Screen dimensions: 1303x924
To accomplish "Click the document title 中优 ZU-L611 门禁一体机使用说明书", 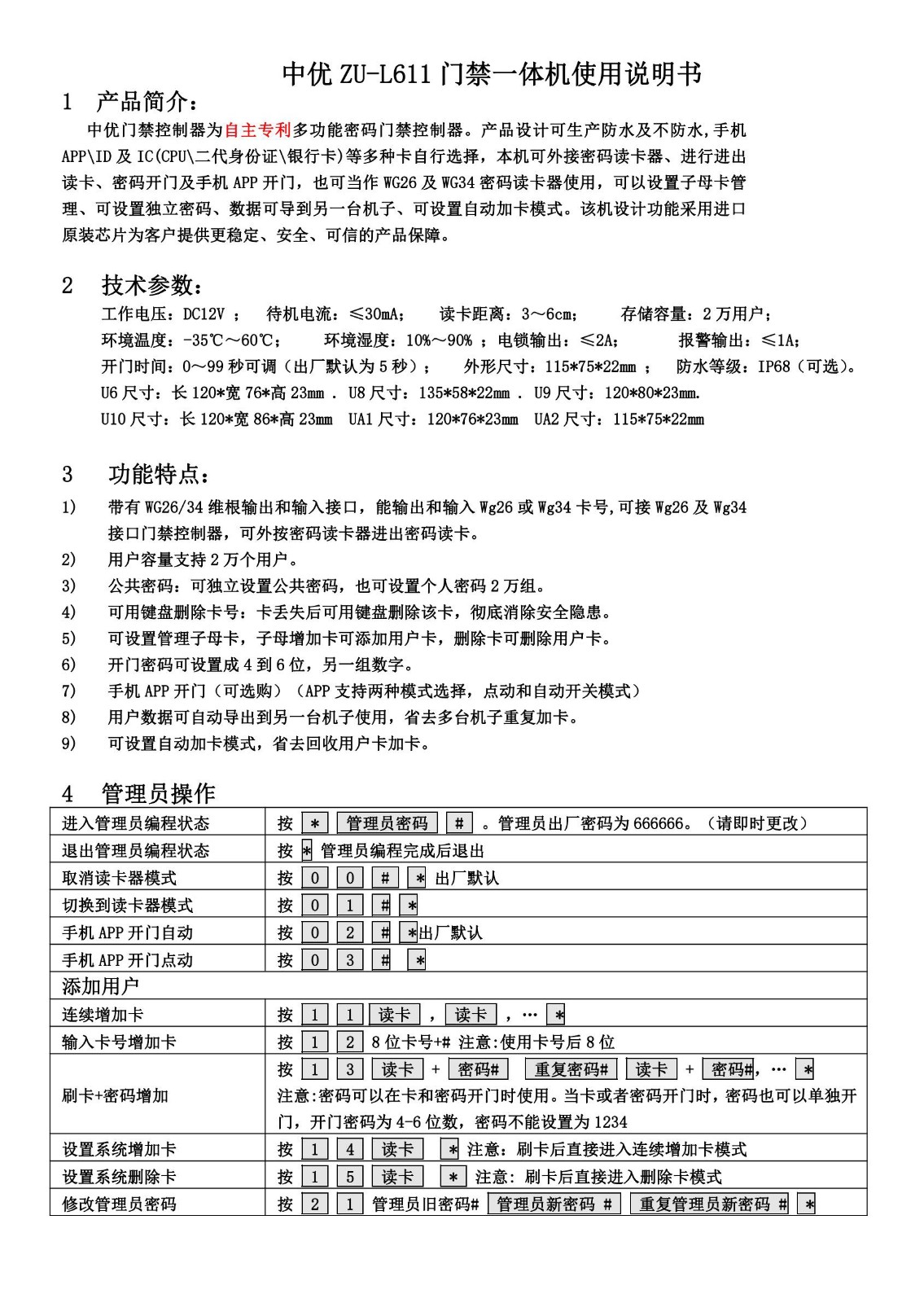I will click(x=491, y=74).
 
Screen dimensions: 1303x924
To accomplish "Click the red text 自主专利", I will click(x=257, y=129).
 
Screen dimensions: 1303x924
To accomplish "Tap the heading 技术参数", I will click(x=151, y=285).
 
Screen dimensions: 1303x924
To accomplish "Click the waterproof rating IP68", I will click(x=773, y=366).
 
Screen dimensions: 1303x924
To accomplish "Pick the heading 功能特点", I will click(x=160, y=474).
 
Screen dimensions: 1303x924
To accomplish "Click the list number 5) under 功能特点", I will click(x=69, y=638).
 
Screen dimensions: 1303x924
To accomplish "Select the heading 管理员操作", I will click(x=158, y=793).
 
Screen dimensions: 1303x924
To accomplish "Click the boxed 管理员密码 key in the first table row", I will click(x=387, y=823).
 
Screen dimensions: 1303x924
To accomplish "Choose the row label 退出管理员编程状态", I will click(x=136, y=851).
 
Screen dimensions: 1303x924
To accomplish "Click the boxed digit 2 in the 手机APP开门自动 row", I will click(x=349, y=932).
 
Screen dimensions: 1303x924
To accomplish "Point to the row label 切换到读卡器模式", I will click(x=128, y=906).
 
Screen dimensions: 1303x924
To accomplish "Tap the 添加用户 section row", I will click(x=101, y=986).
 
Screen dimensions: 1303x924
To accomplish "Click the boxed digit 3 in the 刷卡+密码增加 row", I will click(x=349, y=1069).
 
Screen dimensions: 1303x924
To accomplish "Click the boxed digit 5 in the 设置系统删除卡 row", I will click(x=349, y=1177).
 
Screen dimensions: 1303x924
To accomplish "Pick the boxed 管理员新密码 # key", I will click(x=554, y=1204).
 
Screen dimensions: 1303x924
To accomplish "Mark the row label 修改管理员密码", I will click(x=120, y=1204).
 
